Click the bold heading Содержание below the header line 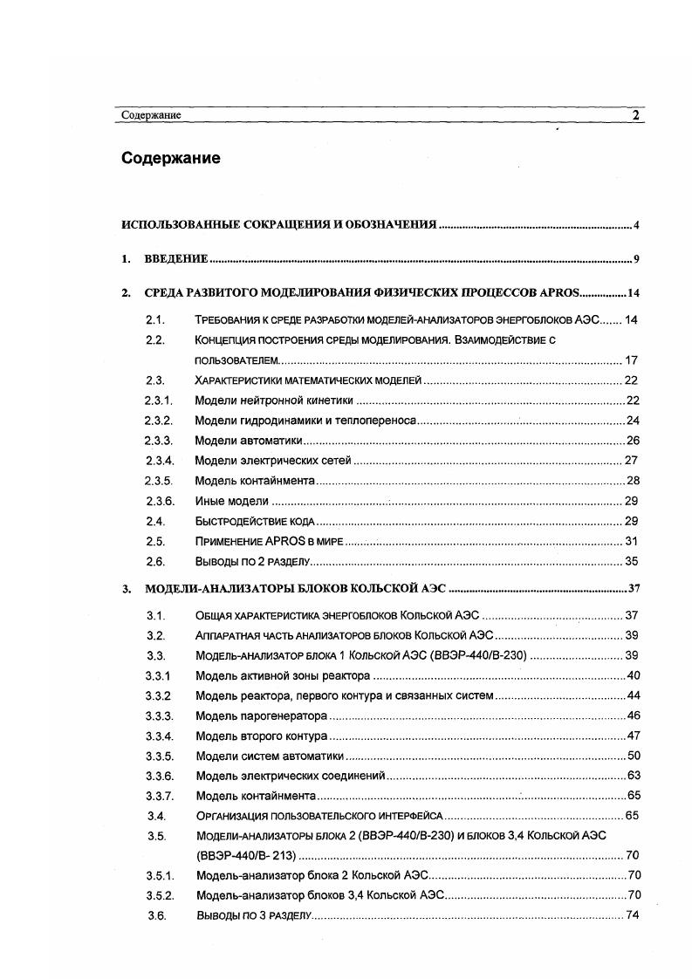(171, 159)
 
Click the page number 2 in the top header (636, 115)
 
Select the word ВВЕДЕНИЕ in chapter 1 (175, 259)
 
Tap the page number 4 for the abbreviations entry (637, 226)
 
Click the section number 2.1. (156, 320)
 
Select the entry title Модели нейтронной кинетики (274, 400)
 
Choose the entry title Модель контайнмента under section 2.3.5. (254, 481)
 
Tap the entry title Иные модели (231, 501)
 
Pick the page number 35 (633, 561)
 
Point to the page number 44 (634, 695)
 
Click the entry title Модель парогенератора (262, 715)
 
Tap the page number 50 (634, 756)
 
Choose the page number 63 (634, 776)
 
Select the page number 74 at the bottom (634, 915)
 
